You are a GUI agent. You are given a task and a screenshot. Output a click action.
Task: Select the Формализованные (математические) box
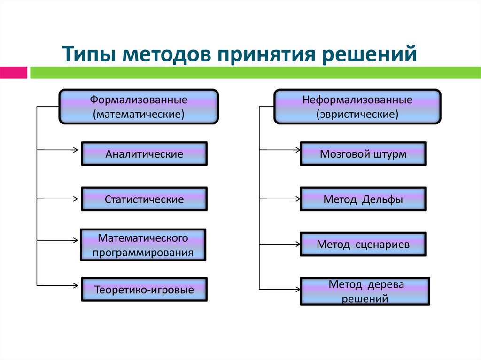(139, 107)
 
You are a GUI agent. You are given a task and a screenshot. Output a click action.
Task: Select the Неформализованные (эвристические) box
(357, 107)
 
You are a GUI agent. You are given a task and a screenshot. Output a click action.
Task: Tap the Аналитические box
(144, 154)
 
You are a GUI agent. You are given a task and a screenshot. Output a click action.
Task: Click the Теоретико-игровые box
(144, 290)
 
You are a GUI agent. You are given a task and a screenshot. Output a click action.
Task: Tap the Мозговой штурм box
(363, 154)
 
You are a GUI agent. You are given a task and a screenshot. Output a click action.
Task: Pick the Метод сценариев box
(363, 245)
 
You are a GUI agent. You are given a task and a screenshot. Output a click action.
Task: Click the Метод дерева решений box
(365, 291)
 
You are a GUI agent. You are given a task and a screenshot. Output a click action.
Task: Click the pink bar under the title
(13, 73)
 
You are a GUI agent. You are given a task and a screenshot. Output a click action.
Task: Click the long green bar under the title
(254, 73)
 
